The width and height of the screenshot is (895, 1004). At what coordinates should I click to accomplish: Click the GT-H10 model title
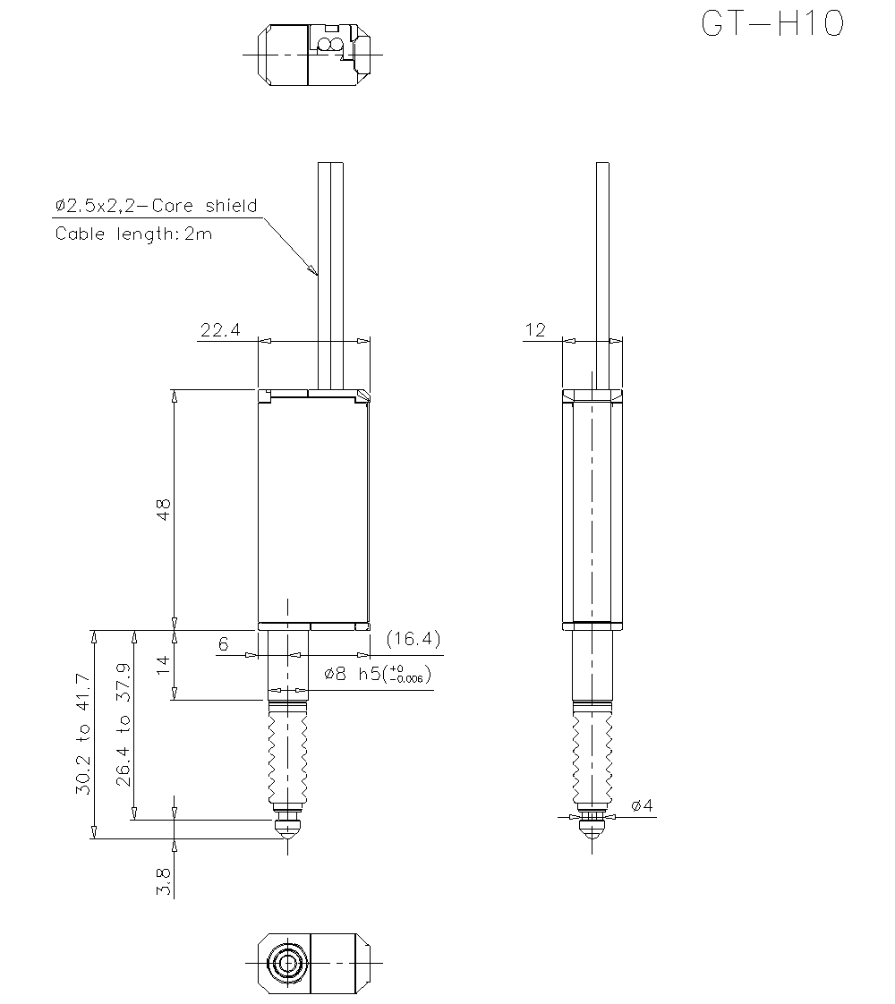pyautogui.click(x=771, y=25)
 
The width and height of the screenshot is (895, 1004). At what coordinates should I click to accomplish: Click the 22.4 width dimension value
pyautogui.click(x=220, y=330)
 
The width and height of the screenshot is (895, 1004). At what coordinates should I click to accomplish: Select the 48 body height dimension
pyautogui.click(x=163, y=509)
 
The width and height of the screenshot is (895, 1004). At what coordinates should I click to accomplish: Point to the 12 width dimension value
pyautogui.click(x=535, y=330)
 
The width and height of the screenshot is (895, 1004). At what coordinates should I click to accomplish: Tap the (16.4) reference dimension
pyautogui.click(x=413, y=639)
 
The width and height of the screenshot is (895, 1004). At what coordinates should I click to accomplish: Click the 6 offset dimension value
pyautogui.click(x=224, y=643)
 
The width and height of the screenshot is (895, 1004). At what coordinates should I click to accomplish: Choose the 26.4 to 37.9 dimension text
pyautogui.click(x=124, y=725)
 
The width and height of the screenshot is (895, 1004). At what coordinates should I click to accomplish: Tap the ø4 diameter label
pyautogui.click(x=643, y=806)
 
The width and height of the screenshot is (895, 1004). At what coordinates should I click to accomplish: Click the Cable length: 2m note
pyautogui.click(x=134, y=234)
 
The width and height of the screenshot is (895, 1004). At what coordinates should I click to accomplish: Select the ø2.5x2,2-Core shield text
pyautogui.click(x=157, y=206)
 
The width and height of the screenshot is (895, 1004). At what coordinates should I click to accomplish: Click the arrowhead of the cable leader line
pyautogui.click(x=314, y=271)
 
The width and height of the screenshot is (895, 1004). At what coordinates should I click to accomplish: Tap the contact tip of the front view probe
pyautogui.click(x=287, y=833)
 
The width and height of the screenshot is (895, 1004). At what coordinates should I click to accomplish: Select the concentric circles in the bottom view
pyautogui.click(x=288, y=964)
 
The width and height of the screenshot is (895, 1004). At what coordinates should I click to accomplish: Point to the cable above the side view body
pyautogui.click(x=602, y=268)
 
